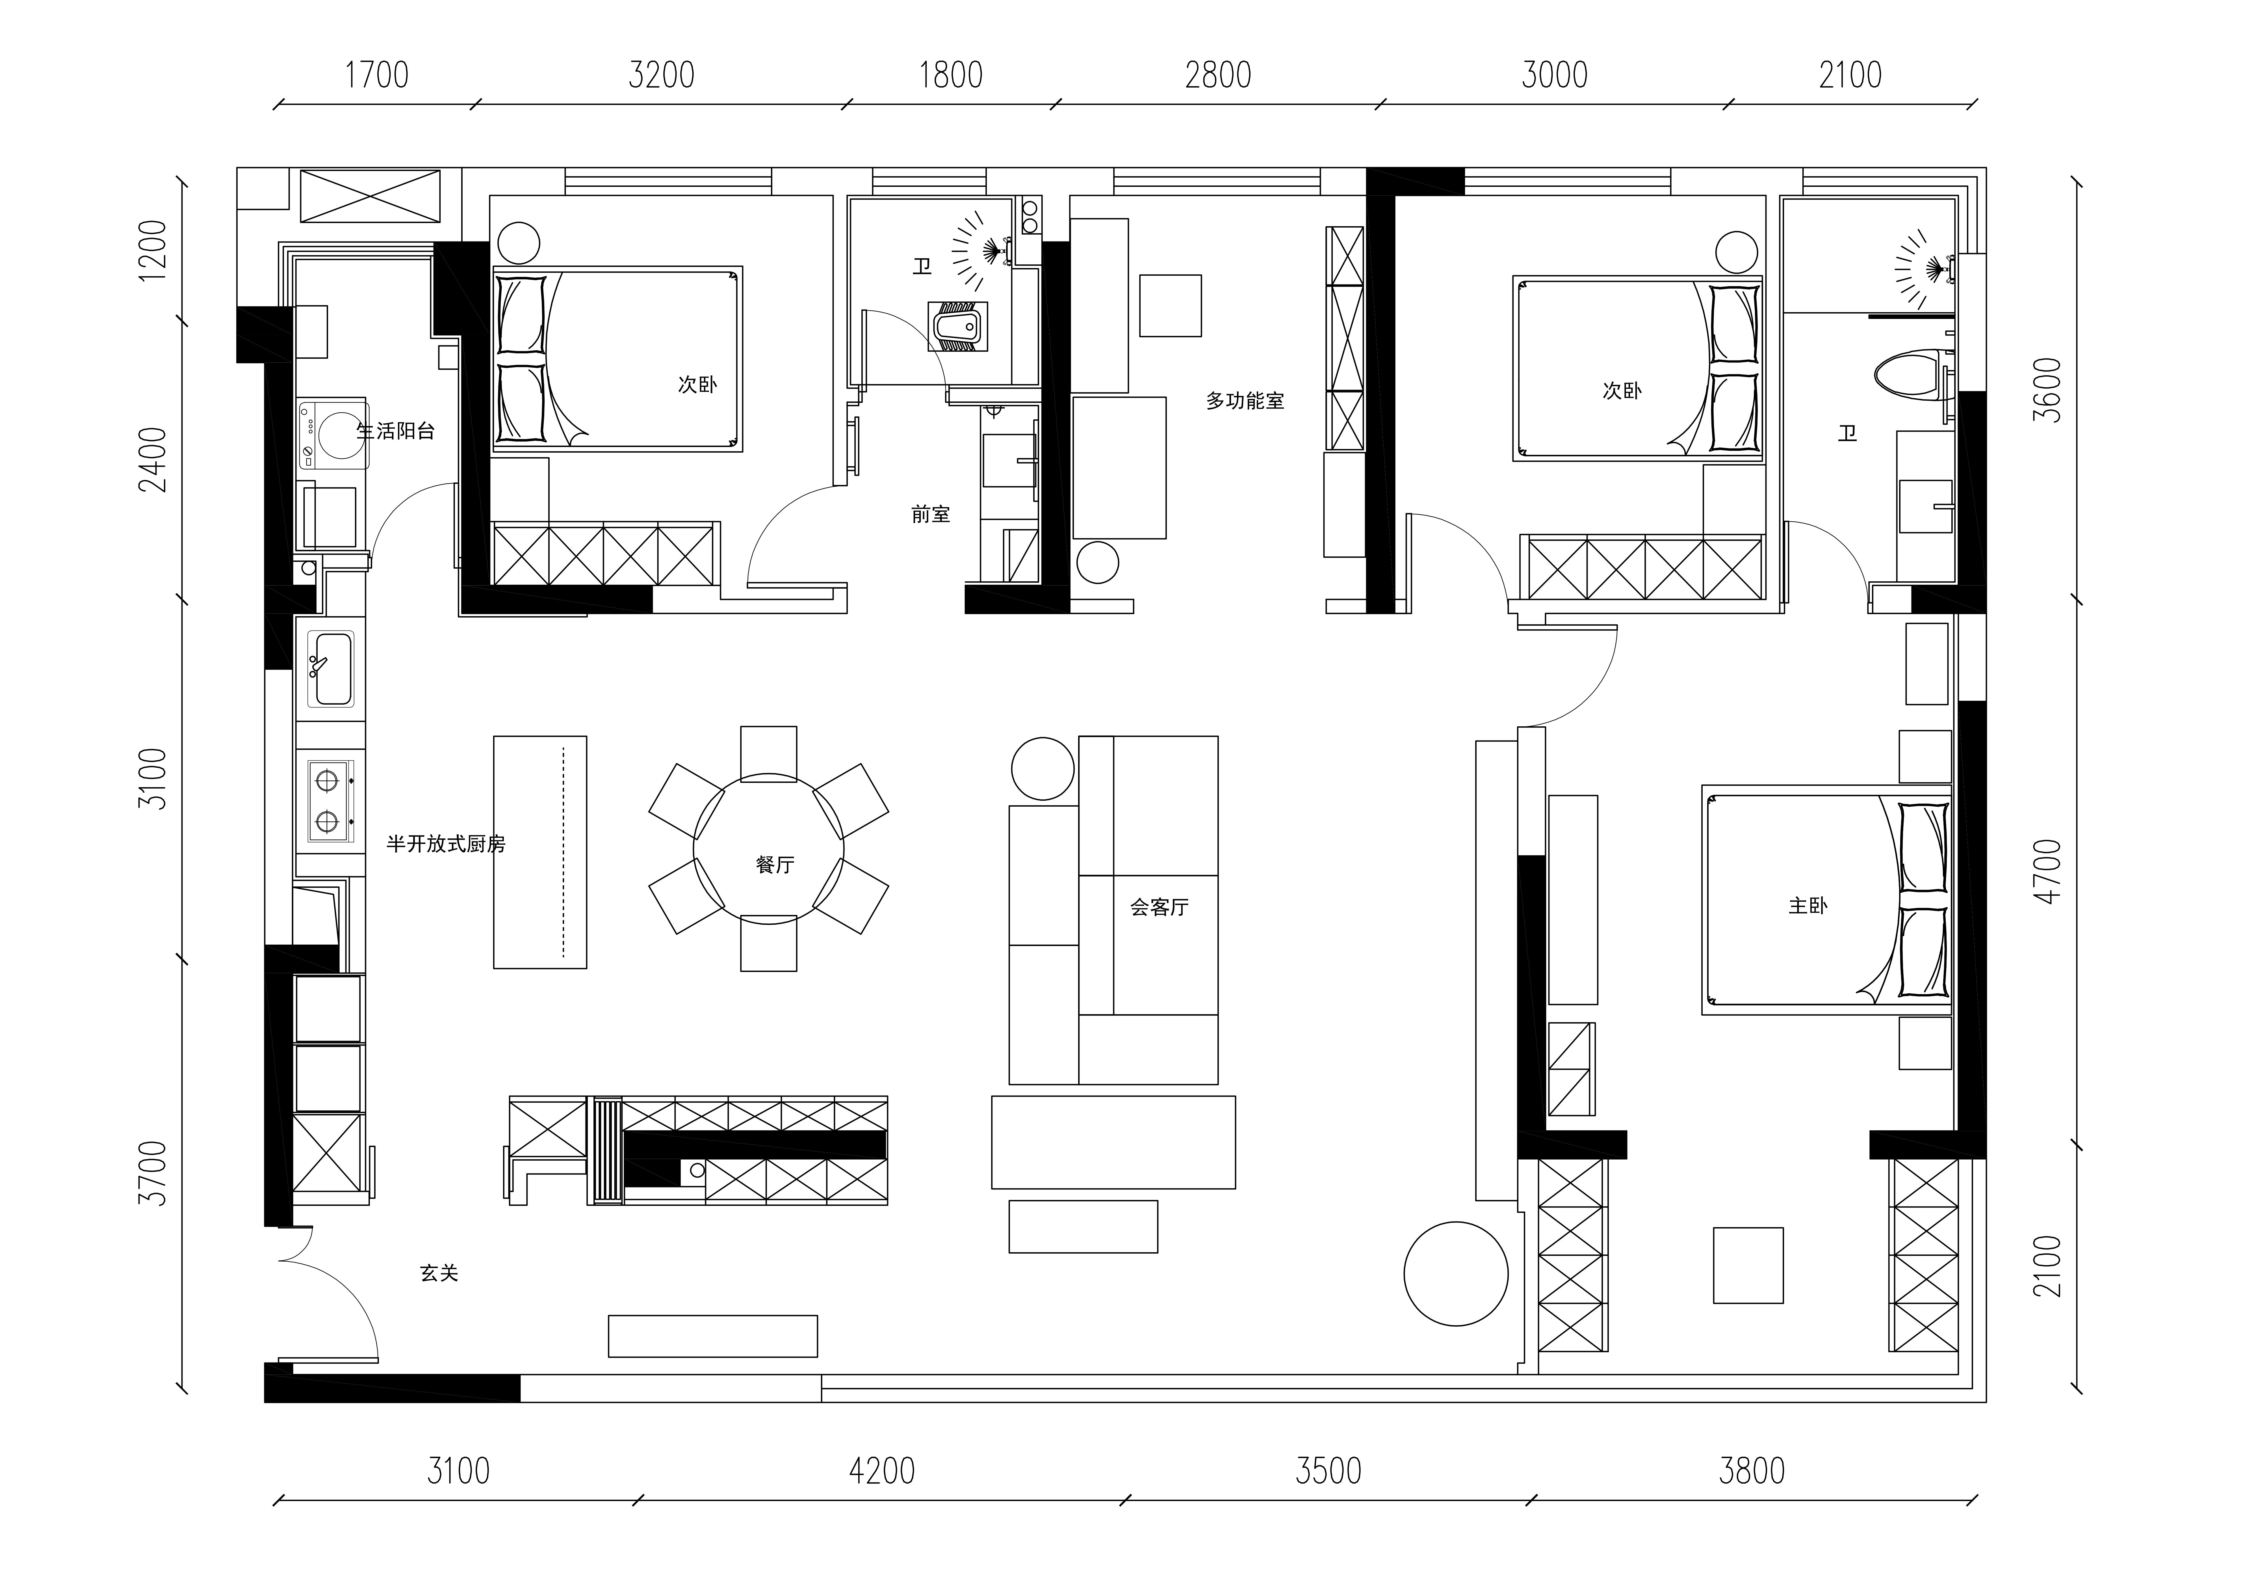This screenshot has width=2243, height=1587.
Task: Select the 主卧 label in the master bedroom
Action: [1807, 906]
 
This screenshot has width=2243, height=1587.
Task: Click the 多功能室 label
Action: [1245, 401]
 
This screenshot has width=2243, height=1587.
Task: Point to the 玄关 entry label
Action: [439, 1272]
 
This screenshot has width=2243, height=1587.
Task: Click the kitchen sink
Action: [330, 668]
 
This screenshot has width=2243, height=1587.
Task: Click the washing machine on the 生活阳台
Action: [333, 434]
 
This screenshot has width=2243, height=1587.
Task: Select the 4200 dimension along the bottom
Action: [882, 1471]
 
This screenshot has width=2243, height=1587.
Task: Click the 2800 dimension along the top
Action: [1218, 75]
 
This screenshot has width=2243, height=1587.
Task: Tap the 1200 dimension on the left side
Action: [153, 250]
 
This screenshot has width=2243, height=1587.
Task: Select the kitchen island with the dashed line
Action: [540, 852]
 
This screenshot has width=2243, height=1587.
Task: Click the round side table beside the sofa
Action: [1043, 768]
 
